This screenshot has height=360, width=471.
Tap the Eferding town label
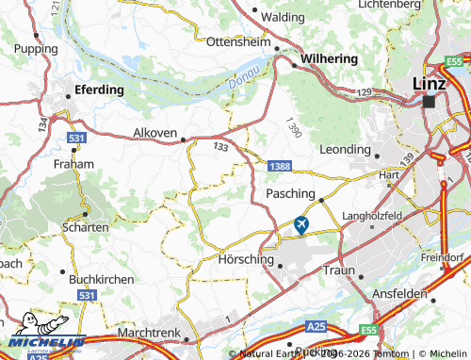[100, 90]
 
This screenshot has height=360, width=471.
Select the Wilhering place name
[329, 58]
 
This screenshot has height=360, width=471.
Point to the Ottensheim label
[238, 43]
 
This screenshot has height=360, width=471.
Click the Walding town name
[282, 17]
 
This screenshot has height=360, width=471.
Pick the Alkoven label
[155, 134]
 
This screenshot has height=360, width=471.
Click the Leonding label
[346, 149]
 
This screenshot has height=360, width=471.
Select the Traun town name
[340, 270]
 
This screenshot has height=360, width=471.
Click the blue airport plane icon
[301, 224]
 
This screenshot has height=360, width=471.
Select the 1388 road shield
[278, 167]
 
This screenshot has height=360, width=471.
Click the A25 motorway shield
[318, 327]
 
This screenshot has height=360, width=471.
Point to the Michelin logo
[42, 344]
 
